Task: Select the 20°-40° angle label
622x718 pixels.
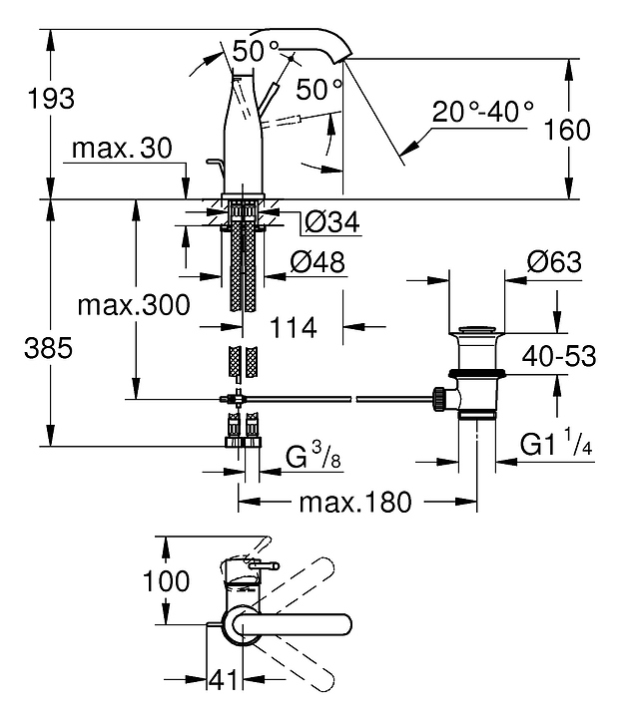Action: [483, 111]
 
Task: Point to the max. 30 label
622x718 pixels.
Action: [122, 149]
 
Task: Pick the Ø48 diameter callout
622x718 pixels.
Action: [316, 262]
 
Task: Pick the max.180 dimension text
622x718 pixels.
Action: [355, 502]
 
